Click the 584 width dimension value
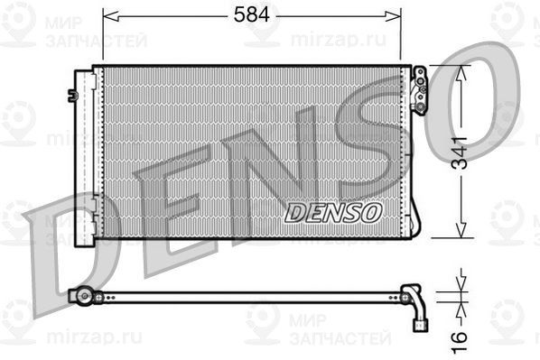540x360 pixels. (x=253, y=15)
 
